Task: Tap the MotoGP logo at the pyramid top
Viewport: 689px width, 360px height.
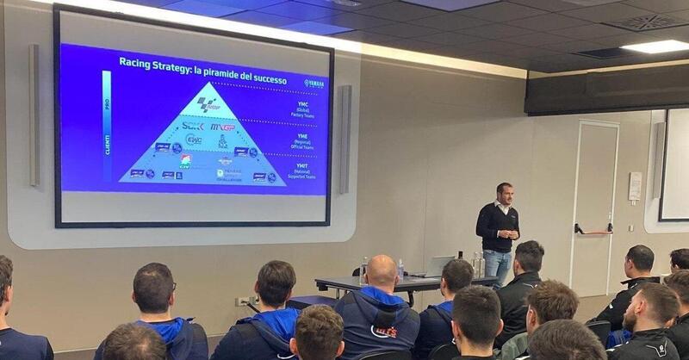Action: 208,103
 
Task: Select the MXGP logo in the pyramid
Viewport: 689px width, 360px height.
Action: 223,127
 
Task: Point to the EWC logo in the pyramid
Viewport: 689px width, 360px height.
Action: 194,140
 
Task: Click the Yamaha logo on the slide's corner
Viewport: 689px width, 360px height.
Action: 313,84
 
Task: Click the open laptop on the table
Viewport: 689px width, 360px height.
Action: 440,266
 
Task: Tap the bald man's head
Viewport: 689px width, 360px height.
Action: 382,272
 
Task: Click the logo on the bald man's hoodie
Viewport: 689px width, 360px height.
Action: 384,331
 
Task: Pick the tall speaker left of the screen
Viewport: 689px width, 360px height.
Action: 34,115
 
